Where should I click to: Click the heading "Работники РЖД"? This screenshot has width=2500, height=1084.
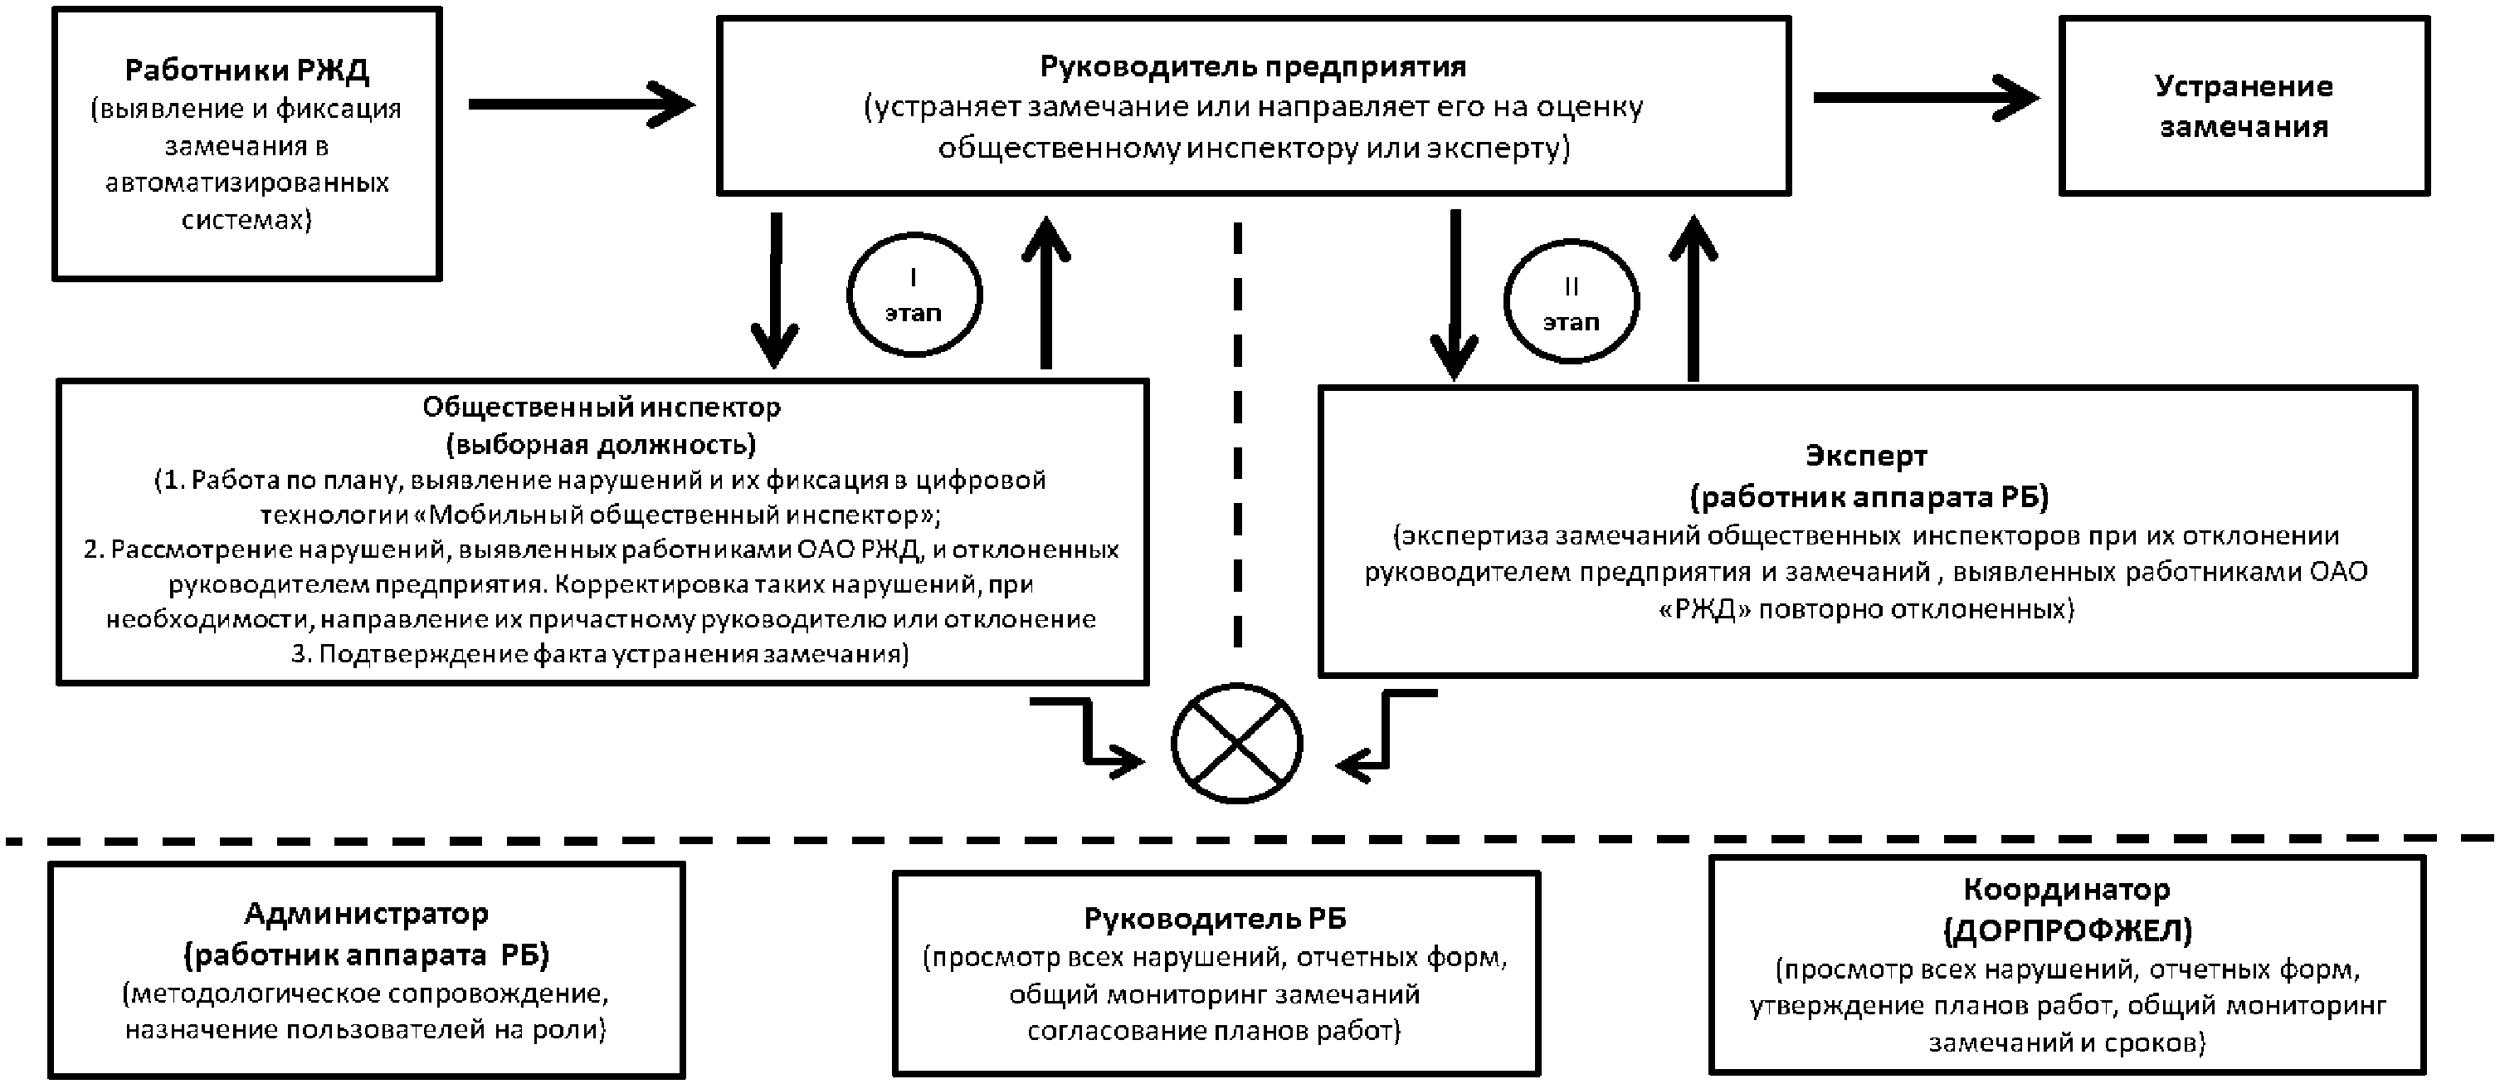246,70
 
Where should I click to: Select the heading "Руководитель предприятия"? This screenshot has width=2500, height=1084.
1252,66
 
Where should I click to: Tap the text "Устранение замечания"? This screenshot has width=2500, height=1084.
2243,105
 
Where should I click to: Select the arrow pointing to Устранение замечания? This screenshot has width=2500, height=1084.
1926,97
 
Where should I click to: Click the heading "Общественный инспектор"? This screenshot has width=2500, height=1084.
601,407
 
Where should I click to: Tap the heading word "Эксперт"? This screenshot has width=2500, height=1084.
1866,454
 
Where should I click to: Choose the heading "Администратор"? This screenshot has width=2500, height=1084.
366,913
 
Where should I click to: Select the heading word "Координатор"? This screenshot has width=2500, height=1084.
2065,889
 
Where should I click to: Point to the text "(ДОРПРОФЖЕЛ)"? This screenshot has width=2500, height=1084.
2067,930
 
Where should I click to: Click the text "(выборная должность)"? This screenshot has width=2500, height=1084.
601,444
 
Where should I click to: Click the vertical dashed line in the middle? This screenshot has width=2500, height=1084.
1237,437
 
